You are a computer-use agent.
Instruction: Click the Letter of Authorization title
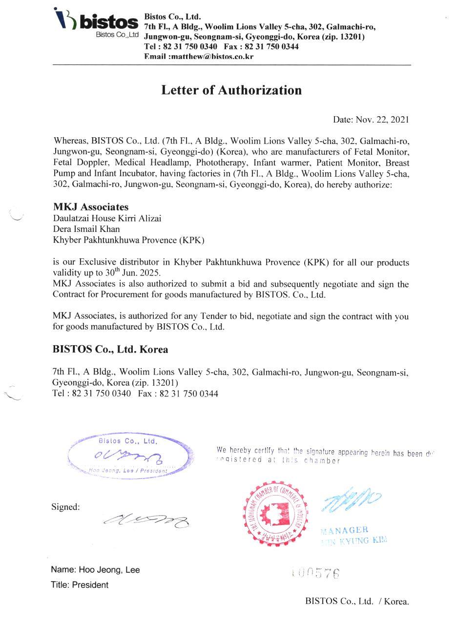point(231,90)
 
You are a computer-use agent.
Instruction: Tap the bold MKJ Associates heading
point(91,207)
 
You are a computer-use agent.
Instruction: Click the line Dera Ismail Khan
point(86,229)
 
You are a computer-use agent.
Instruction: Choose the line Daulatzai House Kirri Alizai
point(107,218)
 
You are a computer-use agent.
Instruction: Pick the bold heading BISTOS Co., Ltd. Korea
point(110,350)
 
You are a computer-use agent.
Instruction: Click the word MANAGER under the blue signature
point(344,530)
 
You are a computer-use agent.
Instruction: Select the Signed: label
point(65,507)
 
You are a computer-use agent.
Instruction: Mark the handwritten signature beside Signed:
point(146,521)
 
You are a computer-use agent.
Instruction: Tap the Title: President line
point(80,585)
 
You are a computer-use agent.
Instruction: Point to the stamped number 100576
point(315,573)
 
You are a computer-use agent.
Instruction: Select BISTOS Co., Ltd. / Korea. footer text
point(357,601)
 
